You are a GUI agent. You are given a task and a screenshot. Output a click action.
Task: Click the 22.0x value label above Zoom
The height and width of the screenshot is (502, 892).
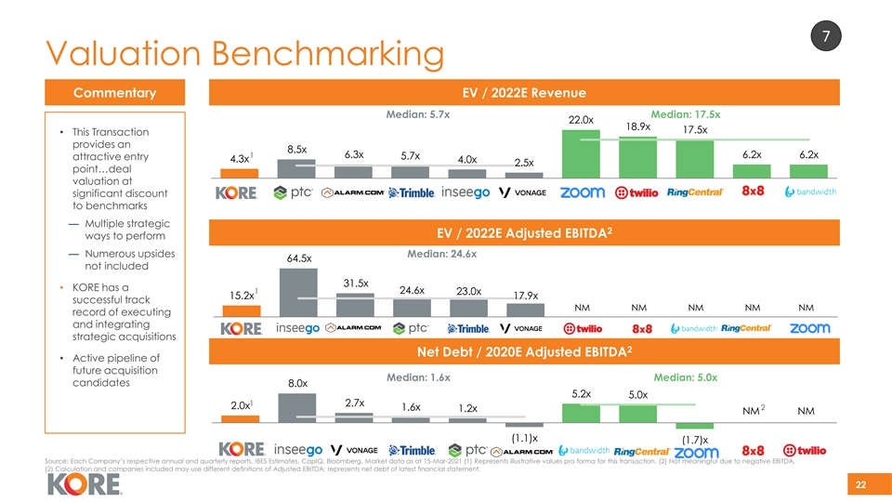click(x=581, y=120)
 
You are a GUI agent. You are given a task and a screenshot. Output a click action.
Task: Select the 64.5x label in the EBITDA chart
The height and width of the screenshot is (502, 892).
click(x=298, y=258)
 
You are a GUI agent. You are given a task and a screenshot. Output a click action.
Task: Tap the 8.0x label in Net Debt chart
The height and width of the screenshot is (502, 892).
click(x=297, y=383)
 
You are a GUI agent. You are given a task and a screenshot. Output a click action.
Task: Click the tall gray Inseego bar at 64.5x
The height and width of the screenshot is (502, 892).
click(x=298, y=293)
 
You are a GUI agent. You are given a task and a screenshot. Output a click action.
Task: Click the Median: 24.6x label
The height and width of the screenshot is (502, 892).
click(x=442, y=254)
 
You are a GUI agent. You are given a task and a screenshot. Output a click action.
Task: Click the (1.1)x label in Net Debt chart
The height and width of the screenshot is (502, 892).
click(x=524, y=437)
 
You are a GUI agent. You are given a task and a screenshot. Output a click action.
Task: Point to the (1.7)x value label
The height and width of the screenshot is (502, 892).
click(x=695, y=440)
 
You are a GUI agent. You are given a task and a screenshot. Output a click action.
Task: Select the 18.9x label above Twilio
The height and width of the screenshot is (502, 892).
click(x=638, y=126)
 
